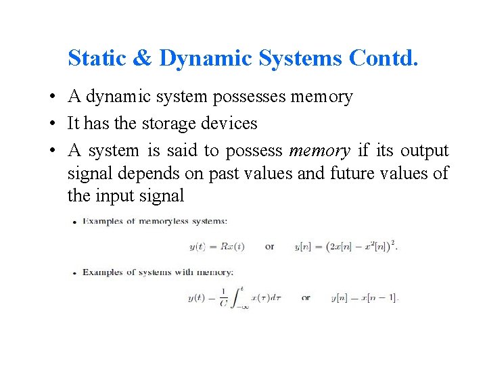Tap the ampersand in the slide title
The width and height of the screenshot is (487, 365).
click(142, 58)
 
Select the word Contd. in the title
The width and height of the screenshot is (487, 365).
click(384, 58)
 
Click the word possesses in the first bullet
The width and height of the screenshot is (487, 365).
click(250, 97)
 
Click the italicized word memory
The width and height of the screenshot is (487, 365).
click(319, 150)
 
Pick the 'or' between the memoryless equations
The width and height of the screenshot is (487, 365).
click(269, 247)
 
